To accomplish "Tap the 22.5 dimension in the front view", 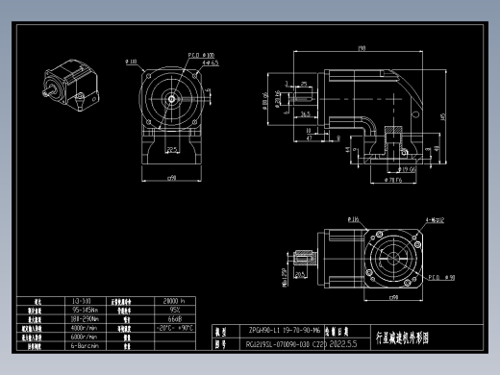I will click(x=171, y=150).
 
